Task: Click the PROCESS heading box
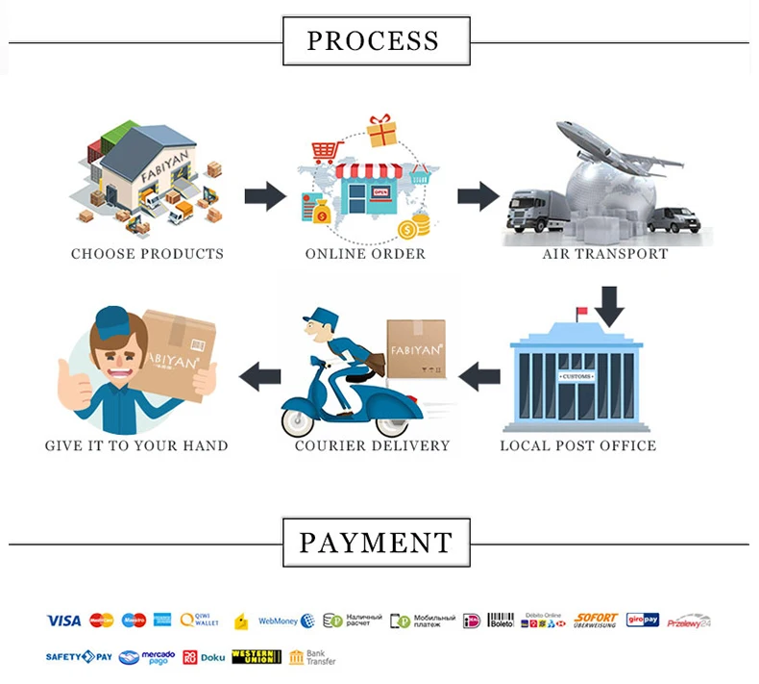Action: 376,41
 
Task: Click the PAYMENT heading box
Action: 376,543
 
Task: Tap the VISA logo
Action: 63,621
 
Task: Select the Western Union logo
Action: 257,657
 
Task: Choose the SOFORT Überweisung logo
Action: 596,621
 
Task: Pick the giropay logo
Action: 643,621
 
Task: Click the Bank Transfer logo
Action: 312,657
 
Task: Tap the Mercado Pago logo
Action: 147,657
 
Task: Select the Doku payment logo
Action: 204,657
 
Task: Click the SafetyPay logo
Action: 79,657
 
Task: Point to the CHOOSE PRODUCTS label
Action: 147,255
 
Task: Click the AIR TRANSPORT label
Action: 605,255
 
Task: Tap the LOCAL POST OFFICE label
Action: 578,446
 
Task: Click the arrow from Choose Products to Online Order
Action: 264,197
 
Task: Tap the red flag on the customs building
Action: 581,312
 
